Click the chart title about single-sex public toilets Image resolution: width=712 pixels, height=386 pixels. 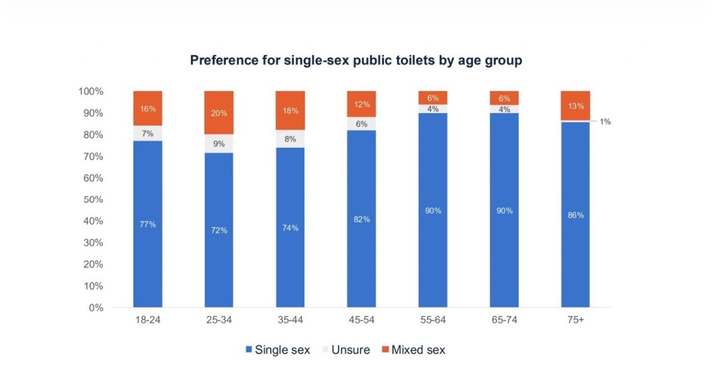[x=356, y=60]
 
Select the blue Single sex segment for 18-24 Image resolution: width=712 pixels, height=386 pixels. [x=148, y=224]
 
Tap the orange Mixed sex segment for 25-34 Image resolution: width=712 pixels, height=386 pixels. [x=219, y=112]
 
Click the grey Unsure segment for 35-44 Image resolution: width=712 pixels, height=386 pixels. [x=290, y=138]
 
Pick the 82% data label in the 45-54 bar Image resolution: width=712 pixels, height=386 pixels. [x=361, y=219]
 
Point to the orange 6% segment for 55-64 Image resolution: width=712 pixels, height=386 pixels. [x=433, y=97]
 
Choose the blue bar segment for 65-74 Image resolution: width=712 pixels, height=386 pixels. [x=504, y=210]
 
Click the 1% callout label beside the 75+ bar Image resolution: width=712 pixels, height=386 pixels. [x=605, y=122]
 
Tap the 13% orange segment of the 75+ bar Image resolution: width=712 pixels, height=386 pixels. [x=576, y=106]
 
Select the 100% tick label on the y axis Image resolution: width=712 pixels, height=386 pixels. [x=91, y=91]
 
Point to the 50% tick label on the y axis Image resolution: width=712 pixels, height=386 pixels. [x=93, y=199]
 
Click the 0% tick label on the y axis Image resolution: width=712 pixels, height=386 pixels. [x=96, y=308]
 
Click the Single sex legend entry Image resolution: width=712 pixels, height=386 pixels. [x=277, y=350]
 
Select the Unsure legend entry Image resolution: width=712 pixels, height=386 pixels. [x=350, y=350]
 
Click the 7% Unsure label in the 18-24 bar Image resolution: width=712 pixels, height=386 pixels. [x=148, y=133]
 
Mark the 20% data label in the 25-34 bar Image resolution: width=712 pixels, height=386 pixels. [x=219, y=112]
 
